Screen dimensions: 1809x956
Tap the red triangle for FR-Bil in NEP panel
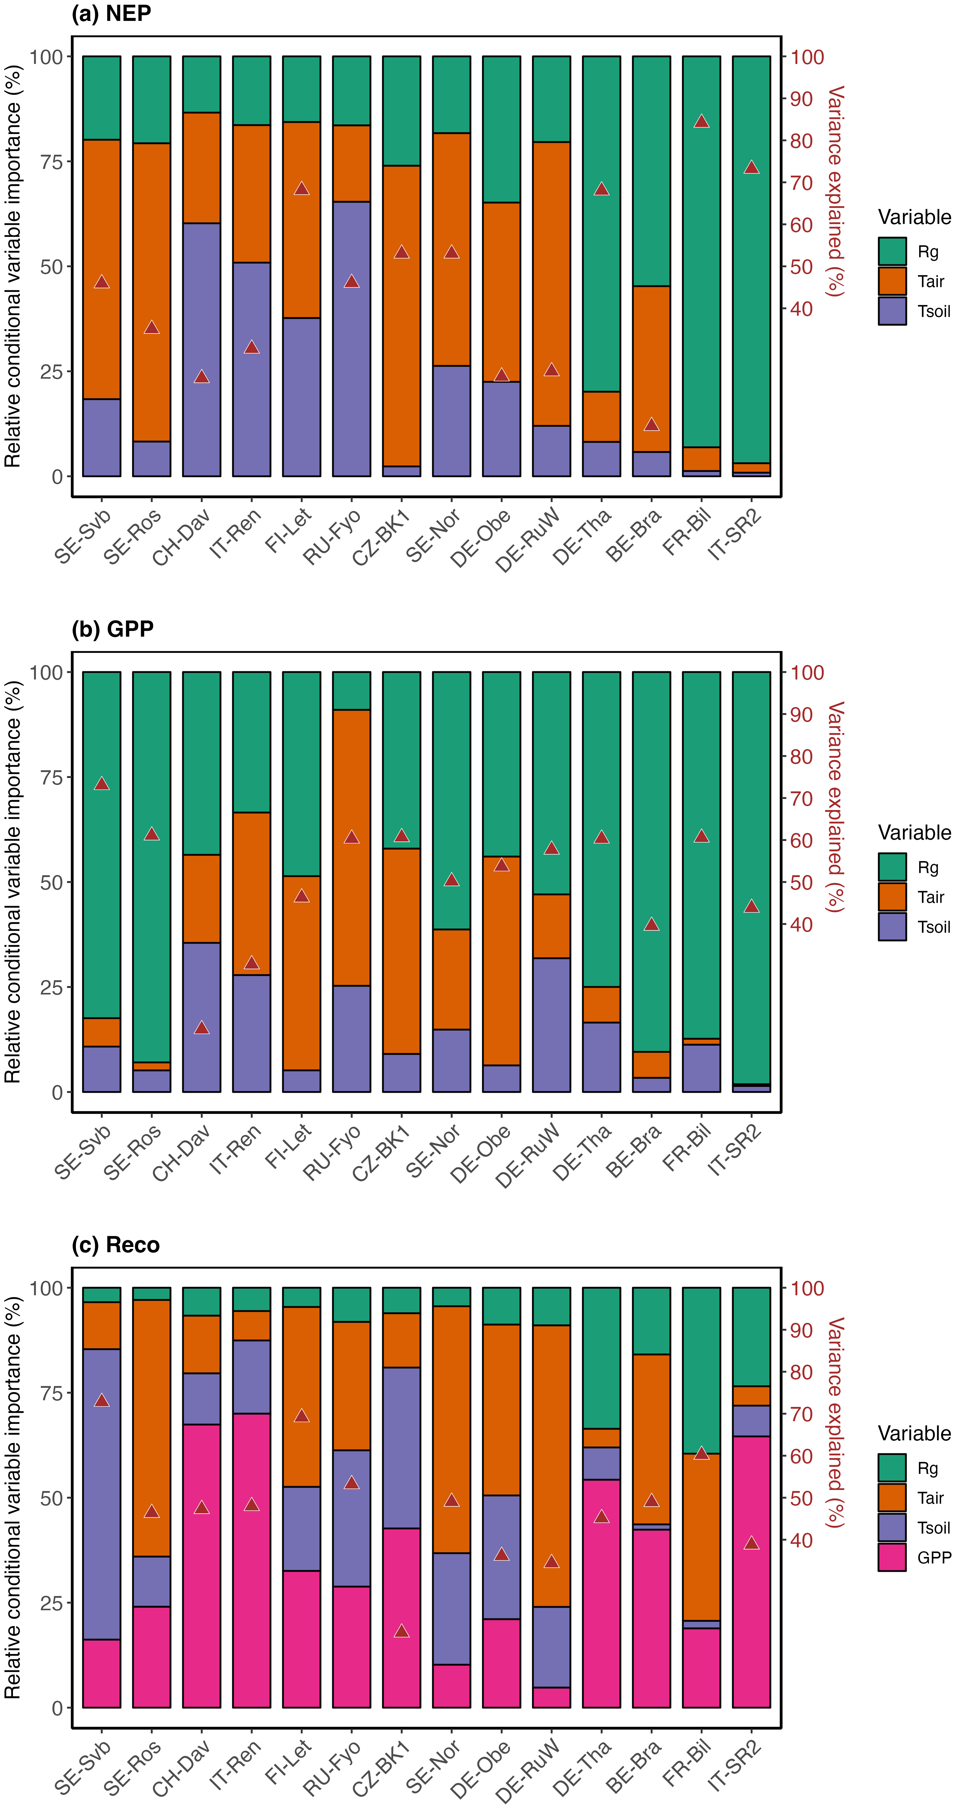pyautogui.click(x=701, y=121)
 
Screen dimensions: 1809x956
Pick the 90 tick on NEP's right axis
pyautogui.click(x=801, y=99)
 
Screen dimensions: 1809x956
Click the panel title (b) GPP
pyautogui.click(x=112, y=629)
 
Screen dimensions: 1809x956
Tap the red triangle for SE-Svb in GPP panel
pyautogui.click(x=102, y=784)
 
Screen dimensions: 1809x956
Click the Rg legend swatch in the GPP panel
pyautogui.click(x=892, y=867)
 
